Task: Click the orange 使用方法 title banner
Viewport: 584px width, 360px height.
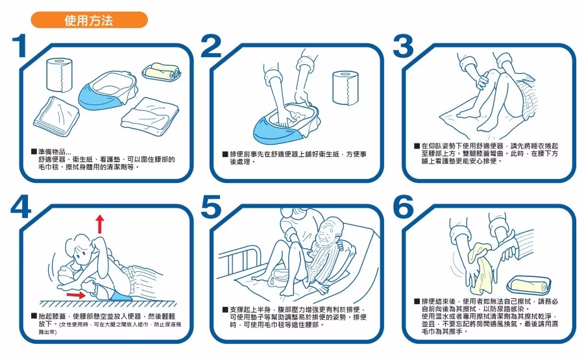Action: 90,19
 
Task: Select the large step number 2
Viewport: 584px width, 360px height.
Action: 211,46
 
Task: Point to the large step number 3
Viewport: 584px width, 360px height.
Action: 403,46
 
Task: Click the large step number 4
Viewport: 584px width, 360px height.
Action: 21,207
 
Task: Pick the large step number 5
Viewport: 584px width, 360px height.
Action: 211,207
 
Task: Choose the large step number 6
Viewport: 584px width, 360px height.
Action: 404,207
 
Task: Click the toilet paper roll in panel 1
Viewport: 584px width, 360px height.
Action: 59,75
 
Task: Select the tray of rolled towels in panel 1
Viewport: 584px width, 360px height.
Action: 162,72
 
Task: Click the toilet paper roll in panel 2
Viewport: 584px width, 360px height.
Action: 345,88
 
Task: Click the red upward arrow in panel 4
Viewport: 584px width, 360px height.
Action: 99,224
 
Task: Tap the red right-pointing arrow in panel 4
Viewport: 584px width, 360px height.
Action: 76,295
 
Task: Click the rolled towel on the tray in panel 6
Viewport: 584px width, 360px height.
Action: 529,285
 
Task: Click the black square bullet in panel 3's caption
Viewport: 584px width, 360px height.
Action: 417,146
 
